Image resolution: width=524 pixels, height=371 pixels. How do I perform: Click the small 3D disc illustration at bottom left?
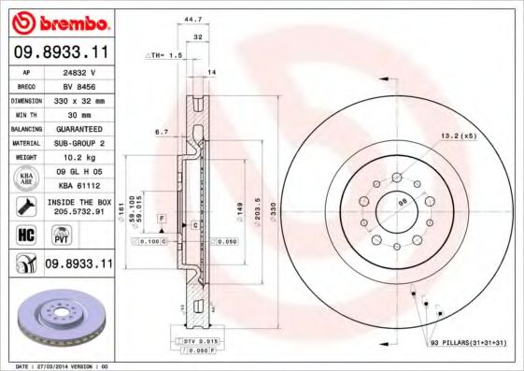pyautogui.click(x=58, y=321)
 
